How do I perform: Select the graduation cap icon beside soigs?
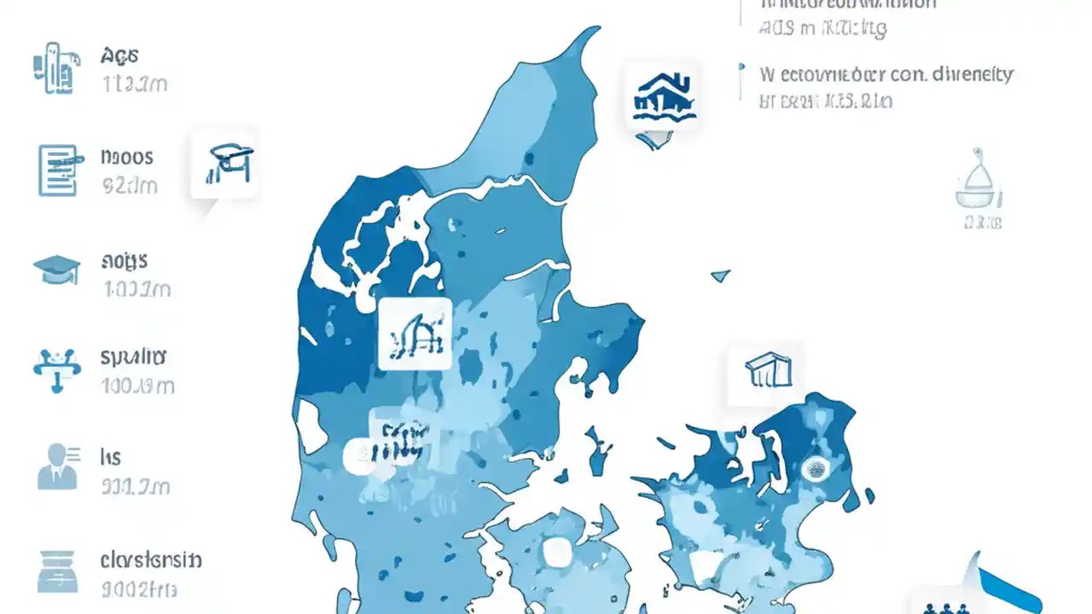[56, 269]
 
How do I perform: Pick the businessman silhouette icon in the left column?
[56, 466]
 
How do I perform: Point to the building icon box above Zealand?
[766, 372]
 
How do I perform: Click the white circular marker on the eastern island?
[816, 467]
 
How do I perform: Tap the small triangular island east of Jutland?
[721, 275]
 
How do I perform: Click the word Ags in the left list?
[119, 57]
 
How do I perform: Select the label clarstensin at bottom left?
[151, 560]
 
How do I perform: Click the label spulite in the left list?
[133, 356]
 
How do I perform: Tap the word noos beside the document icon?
[126, 157]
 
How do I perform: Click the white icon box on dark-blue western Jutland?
[414, 333]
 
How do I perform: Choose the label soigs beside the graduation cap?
[124, 260]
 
